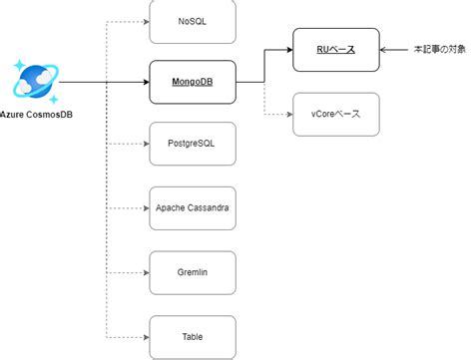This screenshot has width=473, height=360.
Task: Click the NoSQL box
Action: pyautogui.click(x=192, y=20)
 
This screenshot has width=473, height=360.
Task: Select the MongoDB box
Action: pyautogui.click(x=192, y=81)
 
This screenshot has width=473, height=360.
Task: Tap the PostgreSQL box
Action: pyautogui.click(x=192, y=145)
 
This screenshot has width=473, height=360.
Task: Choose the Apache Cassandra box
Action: pyautogui.click(x=192, y=207)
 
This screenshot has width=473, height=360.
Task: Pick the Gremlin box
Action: pyautogui.click(x=192, y=271)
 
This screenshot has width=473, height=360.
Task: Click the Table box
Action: pyautogui.click(x=192, y=336)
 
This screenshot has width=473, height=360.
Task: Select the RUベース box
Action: pyautogui.click(x=335, y=49)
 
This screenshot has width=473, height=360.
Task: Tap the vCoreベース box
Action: pyautogui.click(x=335, y=114)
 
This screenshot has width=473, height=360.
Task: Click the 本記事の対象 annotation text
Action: pyautogui.click(x=439, y=49)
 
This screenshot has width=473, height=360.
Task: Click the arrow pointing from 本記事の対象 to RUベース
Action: pyautogui.click(x=393, y=49)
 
